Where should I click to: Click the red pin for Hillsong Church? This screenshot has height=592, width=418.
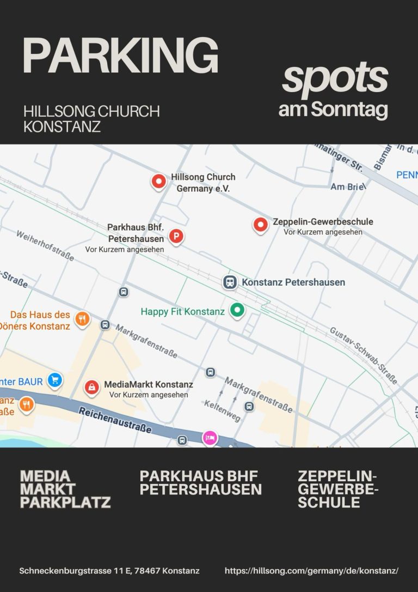coord(158,181)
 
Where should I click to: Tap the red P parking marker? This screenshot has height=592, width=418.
coord(176,236)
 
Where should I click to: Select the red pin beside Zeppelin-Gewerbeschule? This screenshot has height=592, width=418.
coord(261,224)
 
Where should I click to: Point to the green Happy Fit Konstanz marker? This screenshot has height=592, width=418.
coord(237,310)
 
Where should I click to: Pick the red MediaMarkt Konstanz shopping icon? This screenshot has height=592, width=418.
coord(91,387)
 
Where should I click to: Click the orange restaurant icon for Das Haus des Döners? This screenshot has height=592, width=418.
coord(82,319)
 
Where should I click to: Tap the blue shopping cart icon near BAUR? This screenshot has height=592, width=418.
coord(54,380)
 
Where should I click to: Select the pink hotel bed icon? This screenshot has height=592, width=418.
coord(210,437)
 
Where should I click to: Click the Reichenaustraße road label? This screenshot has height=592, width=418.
coord(115,420)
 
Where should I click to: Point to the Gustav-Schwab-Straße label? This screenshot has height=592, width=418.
coord(363,355)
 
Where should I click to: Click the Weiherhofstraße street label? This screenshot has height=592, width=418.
coord(45,245)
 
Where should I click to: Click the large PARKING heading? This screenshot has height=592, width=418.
coord(120,56)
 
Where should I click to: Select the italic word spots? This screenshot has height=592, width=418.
coord(335,78)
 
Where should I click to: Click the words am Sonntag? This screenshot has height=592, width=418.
coord(333,109)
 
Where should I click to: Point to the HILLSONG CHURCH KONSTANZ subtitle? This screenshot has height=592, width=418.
coord(91,119)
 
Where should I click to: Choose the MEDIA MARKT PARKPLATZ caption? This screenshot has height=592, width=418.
coord(65,489)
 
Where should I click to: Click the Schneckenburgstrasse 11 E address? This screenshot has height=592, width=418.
coord(109,571)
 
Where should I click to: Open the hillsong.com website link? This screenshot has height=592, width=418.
coord(311,571)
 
